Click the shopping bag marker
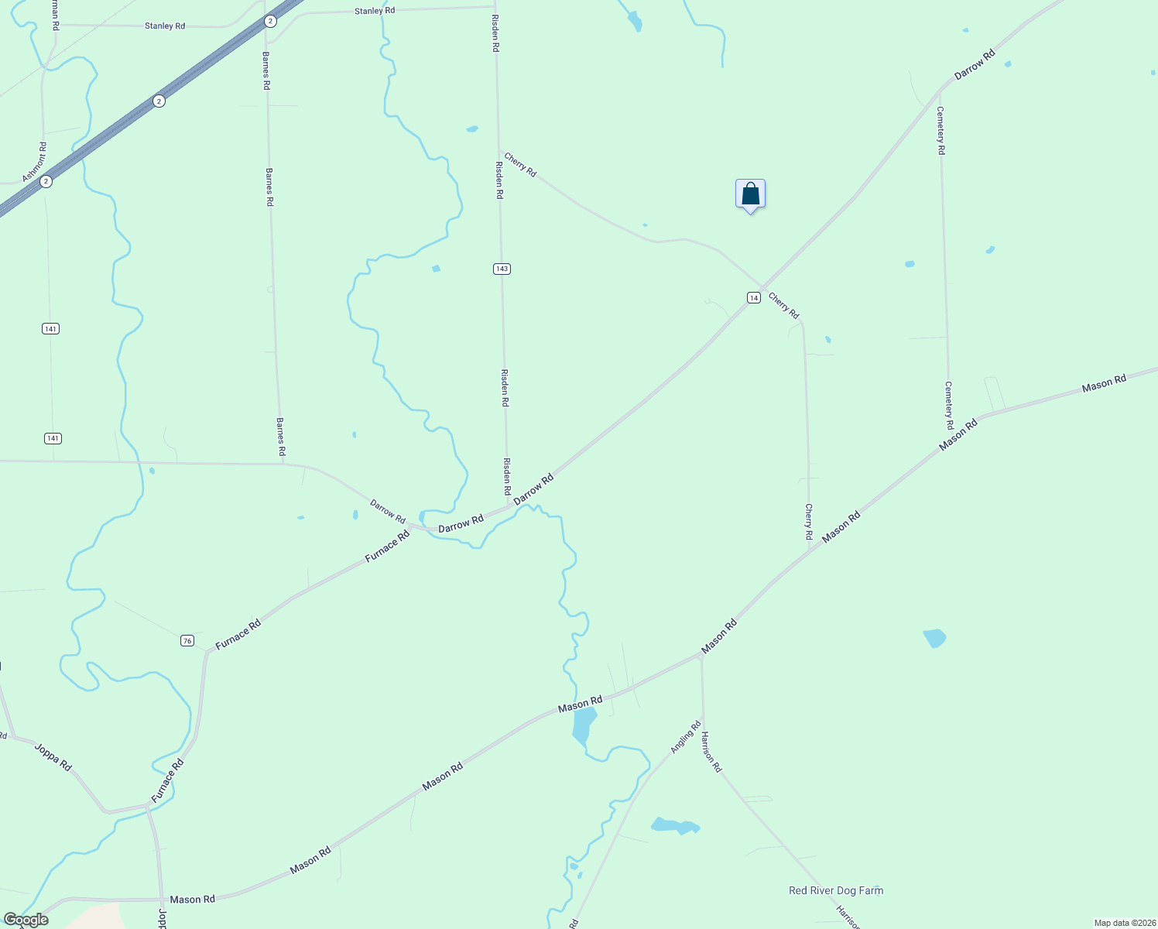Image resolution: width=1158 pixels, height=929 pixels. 750,194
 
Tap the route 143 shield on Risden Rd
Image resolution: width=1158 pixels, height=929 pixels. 502,269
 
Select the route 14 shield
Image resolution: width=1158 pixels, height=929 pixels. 753,297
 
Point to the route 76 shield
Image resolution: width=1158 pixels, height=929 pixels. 187,640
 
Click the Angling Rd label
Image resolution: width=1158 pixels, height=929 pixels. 685,736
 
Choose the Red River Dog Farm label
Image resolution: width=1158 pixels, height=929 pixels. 835,890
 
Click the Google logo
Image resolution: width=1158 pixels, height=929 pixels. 26,920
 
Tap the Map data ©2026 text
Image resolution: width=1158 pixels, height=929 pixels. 1124,923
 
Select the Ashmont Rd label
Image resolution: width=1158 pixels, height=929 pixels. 35,162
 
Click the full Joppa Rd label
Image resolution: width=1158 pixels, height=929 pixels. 53,756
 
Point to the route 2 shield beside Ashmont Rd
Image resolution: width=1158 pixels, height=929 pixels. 46,181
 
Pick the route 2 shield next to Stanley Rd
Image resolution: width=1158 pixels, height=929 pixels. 269,21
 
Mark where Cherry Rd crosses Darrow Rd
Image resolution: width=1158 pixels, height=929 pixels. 762,289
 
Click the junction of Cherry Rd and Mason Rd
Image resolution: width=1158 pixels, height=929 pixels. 810,550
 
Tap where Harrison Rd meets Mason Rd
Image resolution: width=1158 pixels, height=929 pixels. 701,656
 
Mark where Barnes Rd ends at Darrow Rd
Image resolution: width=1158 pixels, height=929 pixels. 283,464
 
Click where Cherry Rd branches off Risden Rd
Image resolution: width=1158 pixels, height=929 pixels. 498,151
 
